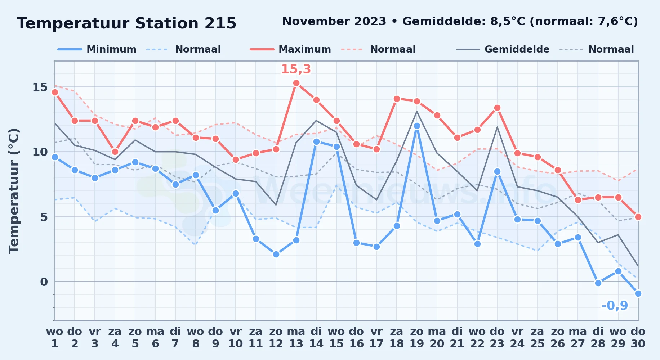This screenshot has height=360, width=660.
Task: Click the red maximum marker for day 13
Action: [296, 83]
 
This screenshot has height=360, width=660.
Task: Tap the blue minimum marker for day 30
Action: [638, 293]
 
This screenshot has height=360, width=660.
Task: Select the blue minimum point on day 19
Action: [417, 126]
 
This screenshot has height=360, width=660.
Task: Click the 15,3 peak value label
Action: [296, 69]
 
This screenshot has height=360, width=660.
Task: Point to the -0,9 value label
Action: [615, 306]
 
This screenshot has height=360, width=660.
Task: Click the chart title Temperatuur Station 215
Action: [126, 23]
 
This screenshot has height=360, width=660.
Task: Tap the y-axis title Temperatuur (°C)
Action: [14, 191]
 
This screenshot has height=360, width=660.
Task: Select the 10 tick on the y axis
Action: [40, 152]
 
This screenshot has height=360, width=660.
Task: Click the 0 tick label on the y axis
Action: [44, 282]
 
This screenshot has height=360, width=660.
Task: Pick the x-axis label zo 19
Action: [417, 338]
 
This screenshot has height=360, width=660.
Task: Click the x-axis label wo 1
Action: [54, 338]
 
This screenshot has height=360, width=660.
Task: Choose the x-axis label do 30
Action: [638, 338]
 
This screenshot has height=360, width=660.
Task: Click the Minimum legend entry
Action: [97, 49]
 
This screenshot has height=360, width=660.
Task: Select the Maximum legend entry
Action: [290, 49]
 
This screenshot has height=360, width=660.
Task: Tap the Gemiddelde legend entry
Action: [503, 49]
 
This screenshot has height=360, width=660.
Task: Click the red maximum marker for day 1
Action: [55, 92]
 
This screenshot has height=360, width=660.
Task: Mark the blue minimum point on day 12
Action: [276, 254]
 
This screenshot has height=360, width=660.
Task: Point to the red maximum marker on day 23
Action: [497, 108]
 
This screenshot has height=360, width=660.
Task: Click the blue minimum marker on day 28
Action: [598, 283]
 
